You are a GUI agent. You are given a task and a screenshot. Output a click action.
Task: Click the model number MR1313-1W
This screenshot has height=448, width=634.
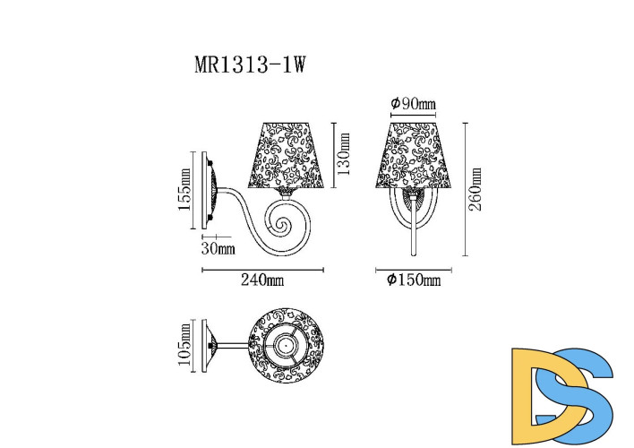(x=252, y=66)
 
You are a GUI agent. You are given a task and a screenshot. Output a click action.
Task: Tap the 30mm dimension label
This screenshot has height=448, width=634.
(x=219, y=248)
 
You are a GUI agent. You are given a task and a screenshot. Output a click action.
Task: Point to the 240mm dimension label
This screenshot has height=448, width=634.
(x=262, y=280)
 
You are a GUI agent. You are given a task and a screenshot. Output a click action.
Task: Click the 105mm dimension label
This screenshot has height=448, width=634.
(x=185, y=343)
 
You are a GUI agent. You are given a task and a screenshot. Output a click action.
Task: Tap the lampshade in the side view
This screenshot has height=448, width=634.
(x=288, y=155)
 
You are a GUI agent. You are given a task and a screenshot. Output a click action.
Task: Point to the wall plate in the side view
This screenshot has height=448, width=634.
(x=209, y=191)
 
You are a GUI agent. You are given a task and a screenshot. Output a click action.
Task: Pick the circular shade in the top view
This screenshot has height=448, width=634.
(x=286, y=344)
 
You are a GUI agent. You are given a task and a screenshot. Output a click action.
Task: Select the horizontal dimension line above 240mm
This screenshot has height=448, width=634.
(x=262, y=269)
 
